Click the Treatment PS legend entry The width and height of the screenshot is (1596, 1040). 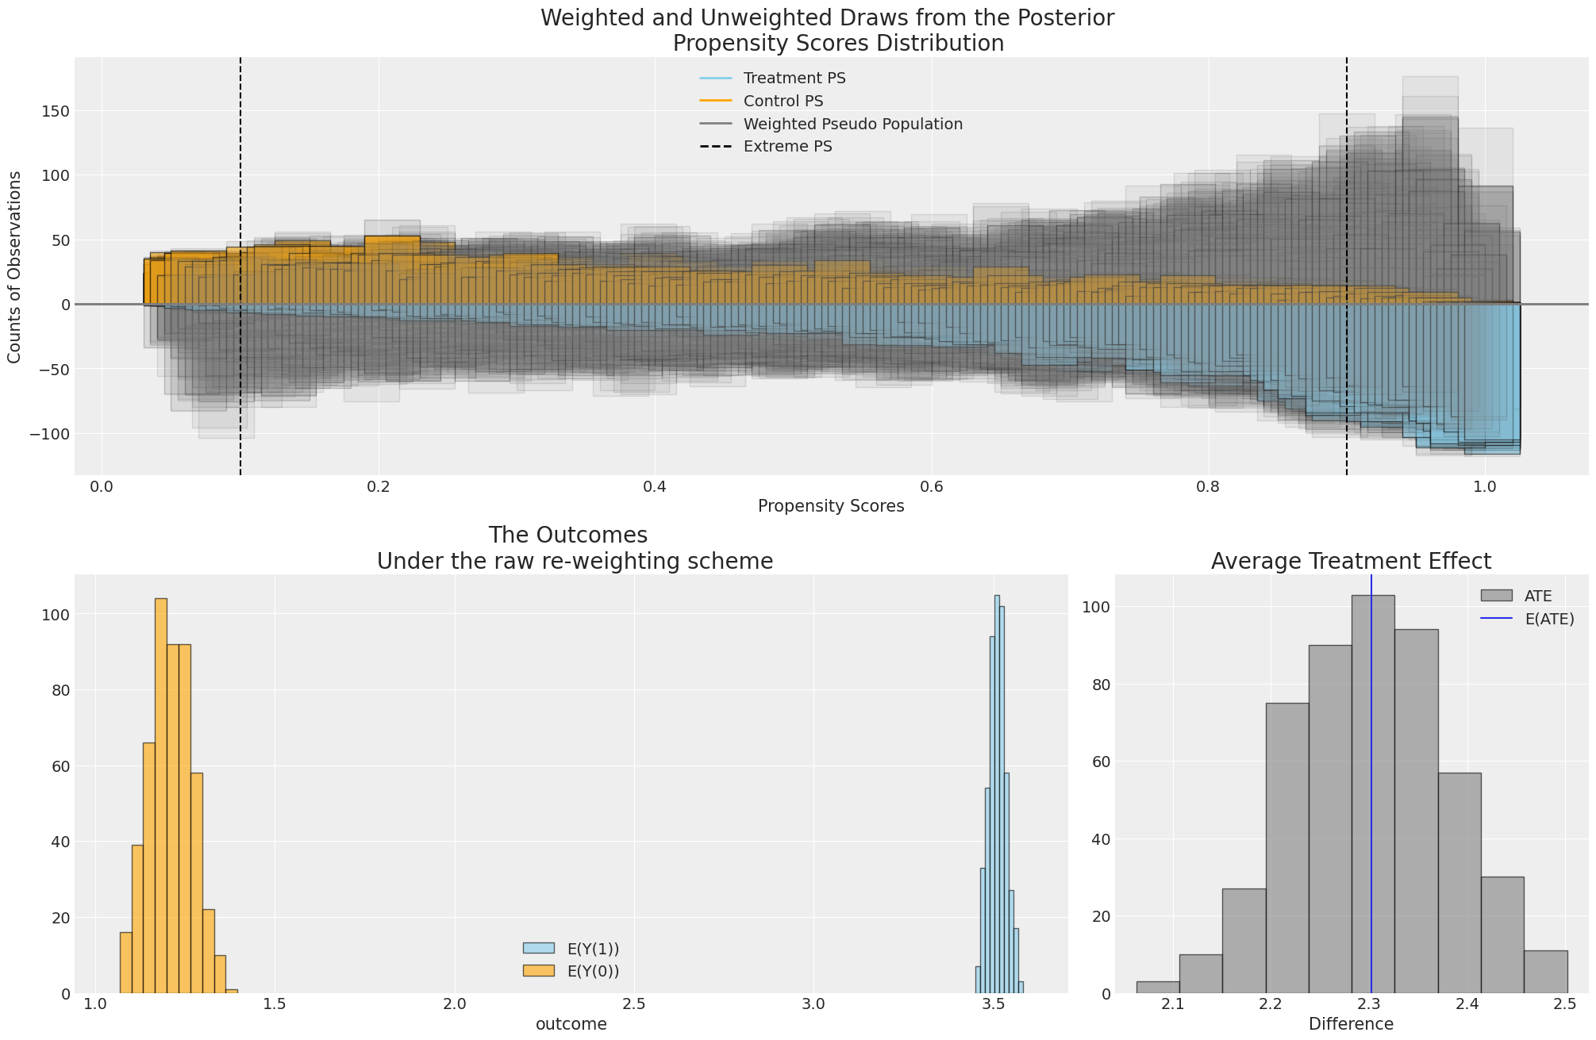[794, 78]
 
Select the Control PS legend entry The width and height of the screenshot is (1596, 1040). [783, 101]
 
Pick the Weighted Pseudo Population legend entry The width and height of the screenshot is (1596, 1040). [852, 124]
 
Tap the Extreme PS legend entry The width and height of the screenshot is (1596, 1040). [787, 147]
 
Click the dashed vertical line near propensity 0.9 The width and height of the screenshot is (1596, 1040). [1347, 198]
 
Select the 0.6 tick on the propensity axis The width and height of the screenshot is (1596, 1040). [931, 485]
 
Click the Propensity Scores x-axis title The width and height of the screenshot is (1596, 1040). [831, 506]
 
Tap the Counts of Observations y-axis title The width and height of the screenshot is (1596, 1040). [15, 267]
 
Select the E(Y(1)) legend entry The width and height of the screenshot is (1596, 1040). [592, 948]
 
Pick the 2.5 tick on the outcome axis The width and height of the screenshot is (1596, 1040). [634, 1004]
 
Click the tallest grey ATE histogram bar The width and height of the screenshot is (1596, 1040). [1373, 793]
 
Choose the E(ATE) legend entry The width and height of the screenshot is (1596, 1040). [1549, 619]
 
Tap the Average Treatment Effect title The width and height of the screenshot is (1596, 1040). [1351, 562]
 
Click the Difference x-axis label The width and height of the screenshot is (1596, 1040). [1351, 1024]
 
